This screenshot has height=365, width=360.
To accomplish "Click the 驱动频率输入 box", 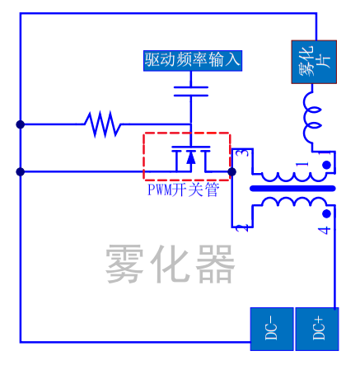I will click(x=193, y=60).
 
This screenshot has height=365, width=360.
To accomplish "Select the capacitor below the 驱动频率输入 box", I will click(x=193, y=90).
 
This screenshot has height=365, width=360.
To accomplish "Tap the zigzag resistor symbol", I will click(x=103, y=124).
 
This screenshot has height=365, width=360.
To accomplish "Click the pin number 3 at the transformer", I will click(x=240, y=153).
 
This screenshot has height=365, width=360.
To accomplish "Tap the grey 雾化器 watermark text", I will click(x=171, y=264).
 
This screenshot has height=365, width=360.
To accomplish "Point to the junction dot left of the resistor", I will click(x=20, y=124).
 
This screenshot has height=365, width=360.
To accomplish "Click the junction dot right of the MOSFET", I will click(x=232, y=171).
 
